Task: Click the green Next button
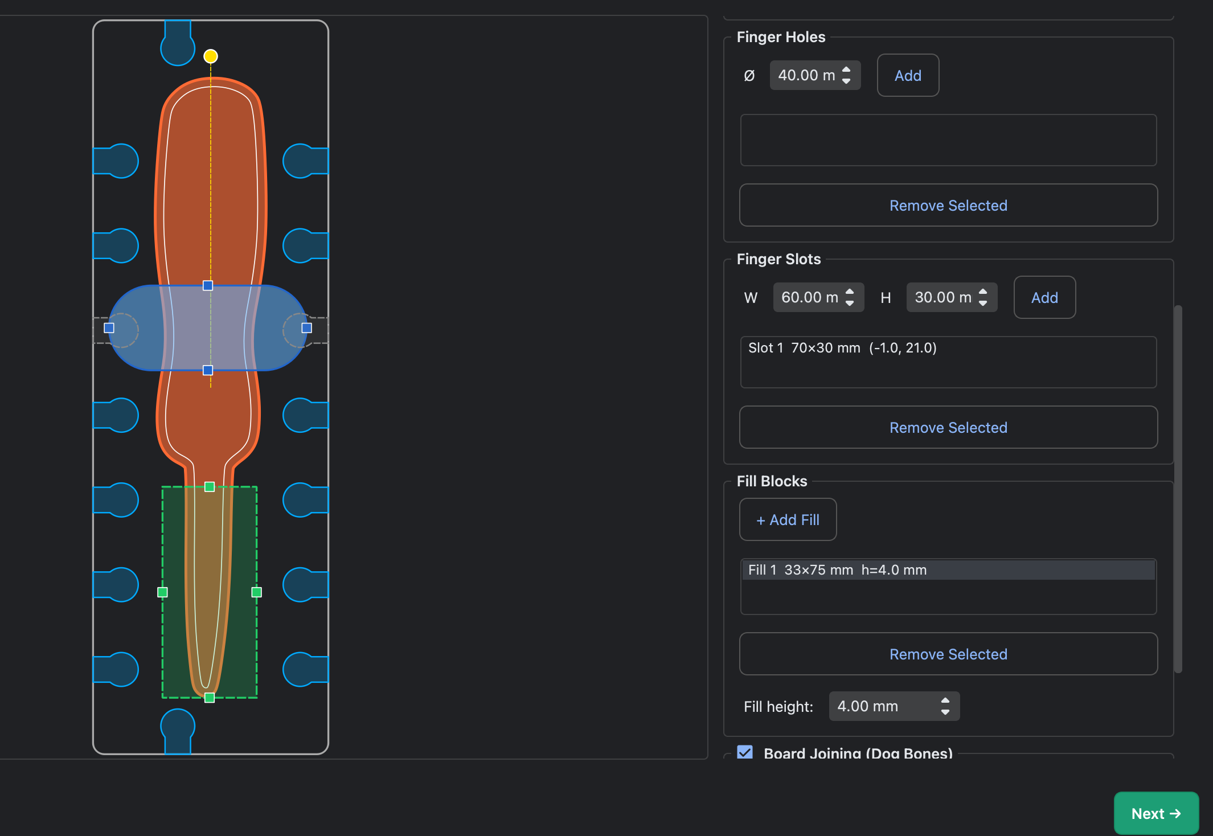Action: coord(1156,813)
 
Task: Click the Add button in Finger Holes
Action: coord(908,75)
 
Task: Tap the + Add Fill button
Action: coord(788,519)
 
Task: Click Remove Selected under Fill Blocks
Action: coord(948,654)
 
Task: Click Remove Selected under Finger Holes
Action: coord(948,205)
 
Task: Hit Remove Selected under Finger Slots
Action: coord(948,427)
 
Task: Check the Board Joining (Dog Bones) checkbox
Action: coord(745,752)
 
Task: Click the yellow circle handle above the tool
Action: coord(211,56)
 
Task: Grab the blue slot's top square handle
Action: coord(208,285)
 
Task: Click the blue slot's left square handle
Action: coord(109,327)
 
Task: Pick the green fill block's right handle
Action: coord(257,592)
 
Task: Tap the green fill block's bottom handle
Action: coord(210,698)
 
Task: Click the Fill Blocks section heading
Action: coord(772,481)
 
